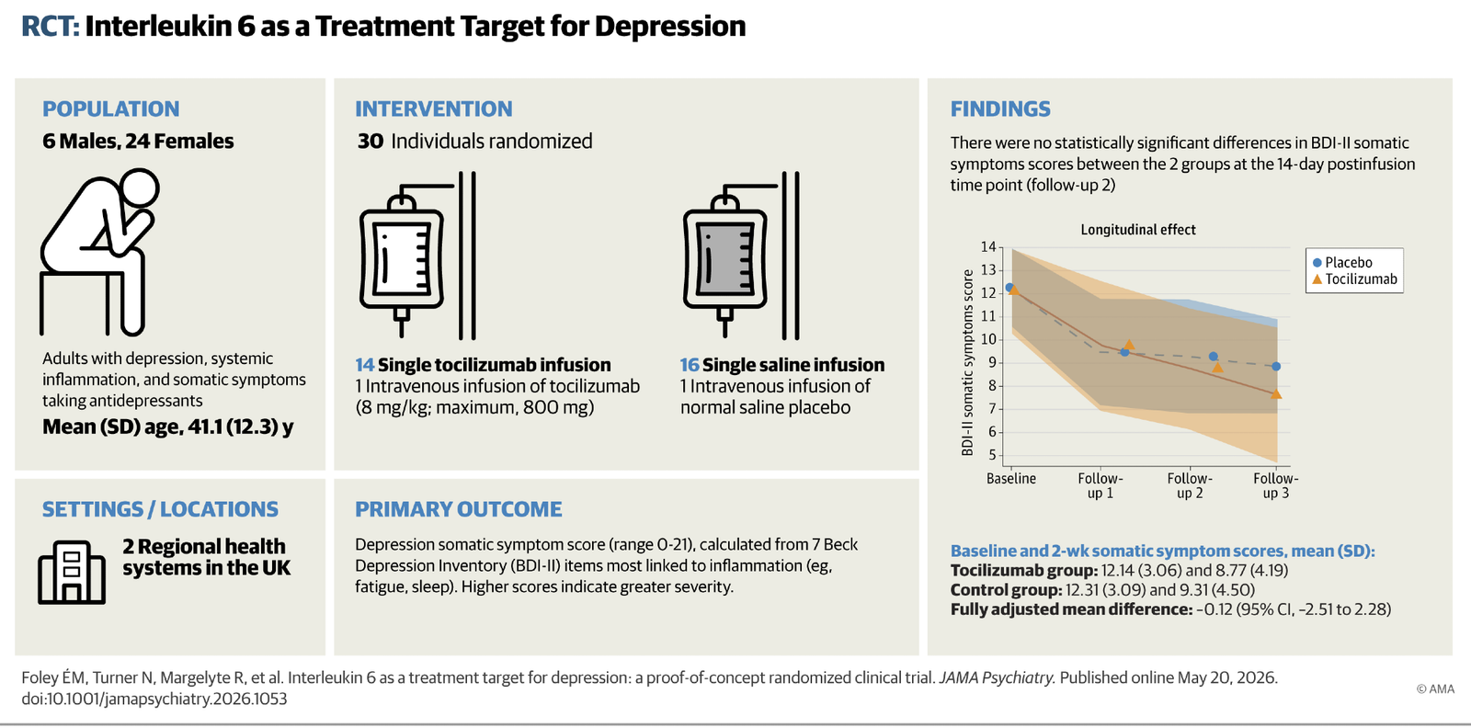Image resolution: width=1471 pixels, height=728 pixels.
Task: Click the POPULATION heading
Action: pyautogui.click(x=111, y=109)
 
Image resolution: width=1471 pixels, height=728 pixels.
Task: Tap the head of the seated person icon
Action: pyautogui.click(x=139, y=188)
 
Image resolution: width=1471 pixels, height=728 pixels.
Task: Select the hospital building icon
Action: pyautogui.click(x=72, y=572)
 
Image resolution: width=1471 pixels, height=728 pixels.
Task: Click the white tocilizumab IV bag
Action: pyautogui.click(x=401, y=257)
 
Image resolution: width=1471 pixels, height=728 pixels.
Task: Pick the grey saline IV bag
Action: pyautogui.click(x=725, y=257)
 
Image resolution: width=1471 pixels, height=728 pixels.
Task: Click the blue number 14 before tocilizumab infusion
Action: pyautogui.click(x=364, y=365)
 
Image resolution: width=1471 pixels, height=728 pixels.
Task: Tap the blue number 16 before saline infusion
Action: pyautogui.click(x=690, y=365)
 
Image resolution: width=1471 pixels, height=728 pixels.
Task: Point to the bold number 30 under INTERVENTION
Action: pyautogui.click(x=371, y=142)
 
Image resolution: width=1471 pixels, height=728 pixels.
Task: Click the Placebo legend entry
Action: pyautogui.click(x=1342, y=263)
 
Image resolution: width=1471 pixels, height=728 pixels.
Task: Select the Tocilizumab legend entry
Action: pyautogui.click(x=1354, y=279)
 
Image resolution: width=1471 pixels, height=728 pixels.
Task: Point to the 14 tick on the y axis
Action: pyautogui.click(x=988, y=247)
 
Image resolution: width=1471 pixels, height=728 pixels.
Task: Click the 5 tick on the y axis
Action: pyautogui.click(x=992, y=456)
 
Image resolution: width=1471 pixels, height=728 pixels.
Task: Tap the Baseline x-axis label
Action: pyautogui.click(x=1011, y=479)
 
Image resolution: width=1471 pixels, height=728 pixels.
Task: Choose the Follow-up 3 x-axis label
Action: pyautogui.click(x=1276, y=485)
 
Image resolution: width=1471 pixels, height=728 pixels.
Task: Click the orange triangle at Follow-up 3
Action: pyautogui.click(x=1276, y=393)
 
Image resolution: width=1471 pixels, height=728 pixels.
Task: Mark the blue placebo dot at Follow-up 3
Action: pyautogui.click(x=1276, y=366)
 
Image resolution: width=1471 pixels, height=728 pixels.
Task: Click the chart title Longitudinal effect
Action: pyautogui.click(x=1138, y=230)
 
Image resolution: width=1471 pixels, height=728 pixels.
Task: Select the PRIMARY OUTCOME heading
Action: pyautogui.click(x=459, y=509)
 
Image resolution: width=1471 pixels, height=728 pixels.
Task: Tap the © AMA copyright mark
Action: pyautogui.click(x=1435, y=689)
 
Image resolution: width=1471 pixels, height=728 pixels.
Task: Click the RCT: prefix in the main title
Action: pyautogui.click(x=51, y=27)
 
